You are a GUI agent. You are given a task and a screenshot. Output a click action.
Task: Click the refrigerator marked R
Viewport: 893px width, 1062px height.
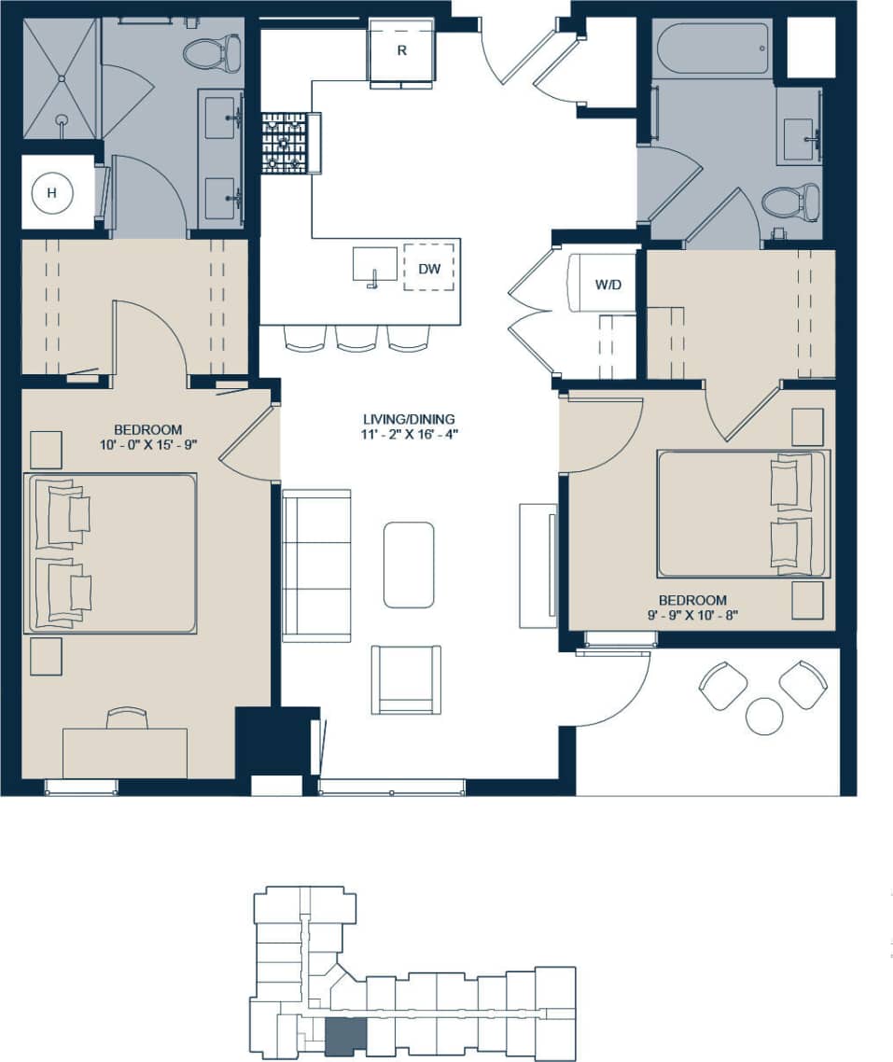click(x=402, y=51)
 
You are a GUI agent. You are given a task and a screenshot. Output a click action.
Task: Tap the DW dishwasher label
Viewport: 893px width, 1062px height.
click(x=428, y=269)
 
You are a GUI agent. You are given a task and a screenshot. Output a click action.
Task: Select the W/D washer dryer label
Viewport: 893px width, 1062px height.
click(x=607, y=284)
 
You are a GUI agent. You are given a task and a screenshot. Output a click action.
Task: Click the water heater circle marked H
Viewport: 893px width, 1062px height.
click(x=52, y=193)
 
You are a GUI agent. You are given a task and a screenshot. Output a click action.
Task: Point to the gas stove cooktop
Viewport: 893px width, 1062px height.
click(x=284, y=143)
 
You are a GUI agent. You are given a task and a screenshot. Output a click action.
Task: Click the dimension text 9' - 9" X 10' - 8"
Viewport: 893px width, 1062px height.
click(x=692, y=615)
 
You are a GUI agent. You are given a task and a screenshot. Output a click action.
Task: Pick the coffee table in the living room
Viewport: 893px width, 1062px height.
click(x=409, y=565)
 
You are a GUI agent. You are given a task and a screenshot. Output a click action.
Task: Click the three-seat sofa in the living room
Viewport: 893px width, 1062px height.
click(x=316, y=565)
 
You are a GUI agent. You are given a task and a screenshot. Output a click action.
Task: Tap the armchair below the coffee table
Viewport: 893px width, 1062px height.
click(x=406, y=679)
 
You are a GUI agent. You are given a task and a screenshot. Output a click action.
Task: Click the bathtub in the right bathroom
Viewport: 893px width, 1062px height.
click(x=710, y=48)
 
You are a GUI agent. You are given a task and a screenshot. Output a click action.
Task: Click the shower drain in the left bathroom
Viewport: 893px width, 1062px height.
click(x=62, y=119)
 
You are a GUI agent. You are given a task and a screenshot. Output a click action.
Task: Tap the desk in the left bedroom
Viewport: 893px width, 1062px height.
click(x=125, y=751)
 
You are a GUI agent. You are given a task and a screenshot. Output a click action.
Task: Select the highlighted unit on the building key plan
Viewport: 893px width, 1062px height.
click(x=345, y=1037)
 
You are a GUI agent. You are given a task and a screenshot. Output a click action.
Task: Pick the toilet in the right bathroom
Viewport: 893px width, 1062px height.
click(x=791, y=201)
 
